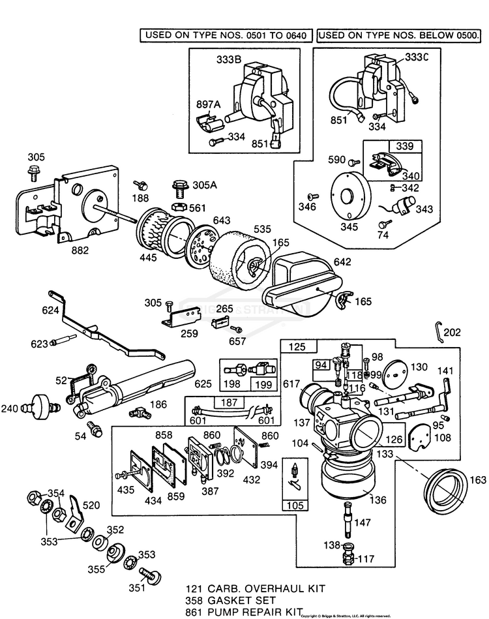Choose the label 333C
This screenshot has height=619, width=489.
[x=418, y=58]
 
